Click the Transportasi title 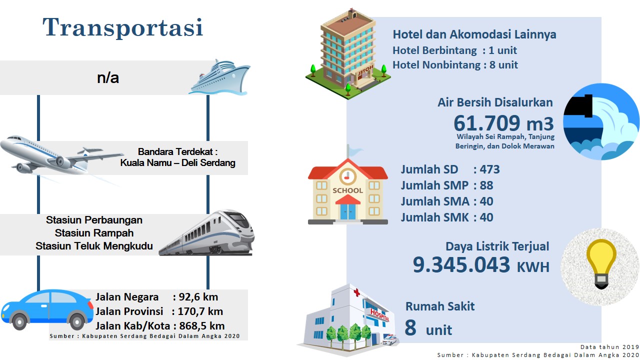click(123, 27)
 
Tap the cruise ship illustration click(219, 77)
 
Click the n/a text click(107, 77)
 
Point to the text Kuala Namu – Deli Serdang click(177, 163)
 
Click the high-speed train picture click(207, 232)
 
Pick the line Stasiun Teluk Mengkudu click(94, 246)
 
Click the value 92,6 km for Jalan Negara click(198, 297)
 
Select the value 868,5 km click(201, 326)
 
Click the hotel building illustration click(348, 54)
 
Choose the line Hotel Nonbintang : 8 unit click(455, 65)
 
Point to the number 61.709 click(487, 123)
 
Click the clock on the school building click(347, 176)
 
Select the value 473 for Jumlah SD click(489, 169)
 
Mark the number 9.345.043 click(461, 264)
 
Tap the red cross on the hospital click(356, 292)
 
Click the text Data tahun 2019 click(609, 347)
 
